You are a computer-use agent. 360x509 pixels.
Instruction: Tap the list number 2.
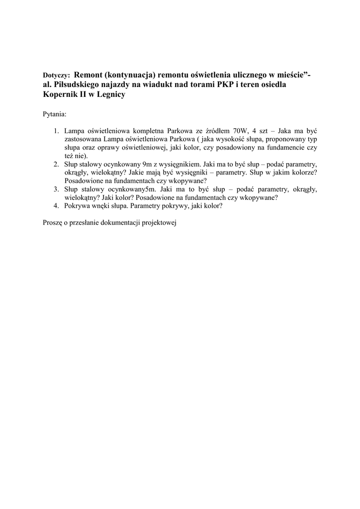coord(57,164)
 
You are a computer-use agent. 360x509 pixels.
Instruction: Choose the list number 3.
coord(57,189)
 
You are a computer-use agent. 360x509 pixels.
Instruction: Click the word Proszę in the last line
coord(53,223)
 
